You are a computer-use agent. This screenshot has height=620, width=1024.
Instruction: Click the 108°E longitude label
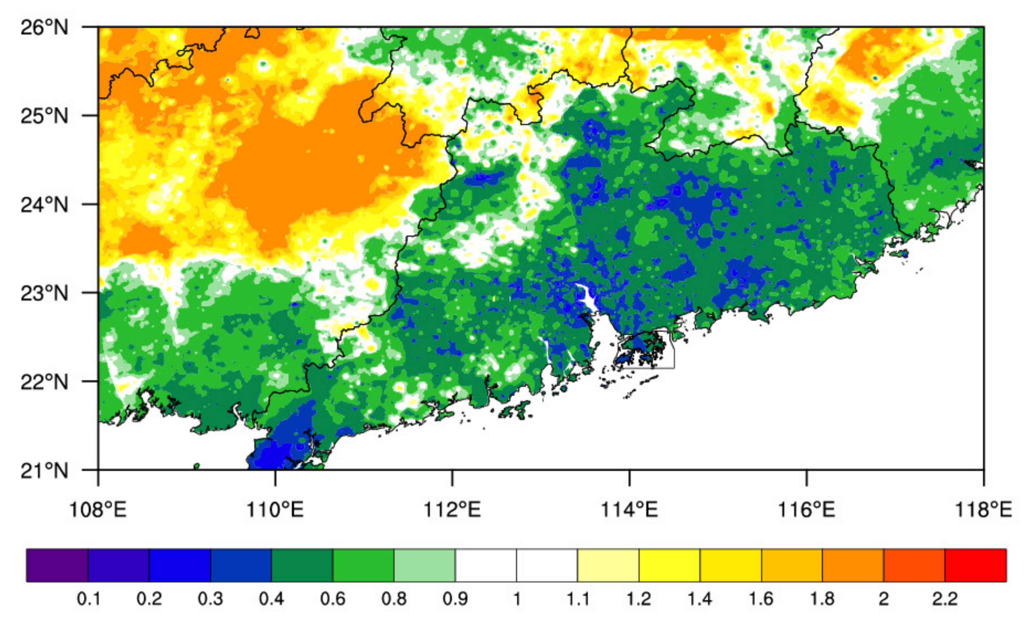[x=98, y=509]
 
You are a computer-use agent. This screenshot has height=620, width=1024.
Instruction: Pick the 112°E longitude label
[x=452, y=509]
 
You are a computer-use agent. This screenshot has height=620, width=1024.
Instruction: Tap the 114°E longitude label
[x=629, y=509]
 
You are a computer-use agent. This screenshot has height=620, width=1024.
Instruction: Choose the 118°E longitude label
[x=983, y=509]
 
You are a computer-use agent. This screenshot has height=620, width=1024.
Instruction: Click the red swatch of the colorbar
[x=975, y=565]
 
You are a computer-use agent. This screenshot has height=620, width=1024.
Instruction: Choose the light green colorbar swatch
[x=424, y=565]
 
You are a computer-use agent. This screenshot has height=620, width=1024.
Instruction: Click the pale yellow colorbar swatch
[x=608, y=565]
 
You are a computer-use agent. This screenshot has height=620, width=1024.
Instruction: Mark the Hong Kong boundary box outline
[x=674, y=354]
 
